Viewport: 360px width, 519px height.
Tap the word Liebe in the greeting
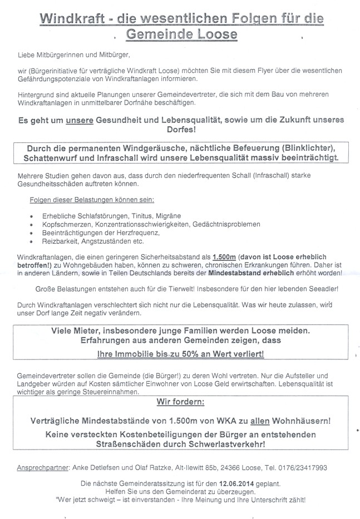26,56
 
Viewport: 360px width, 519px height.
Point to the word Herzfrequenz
141,233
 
